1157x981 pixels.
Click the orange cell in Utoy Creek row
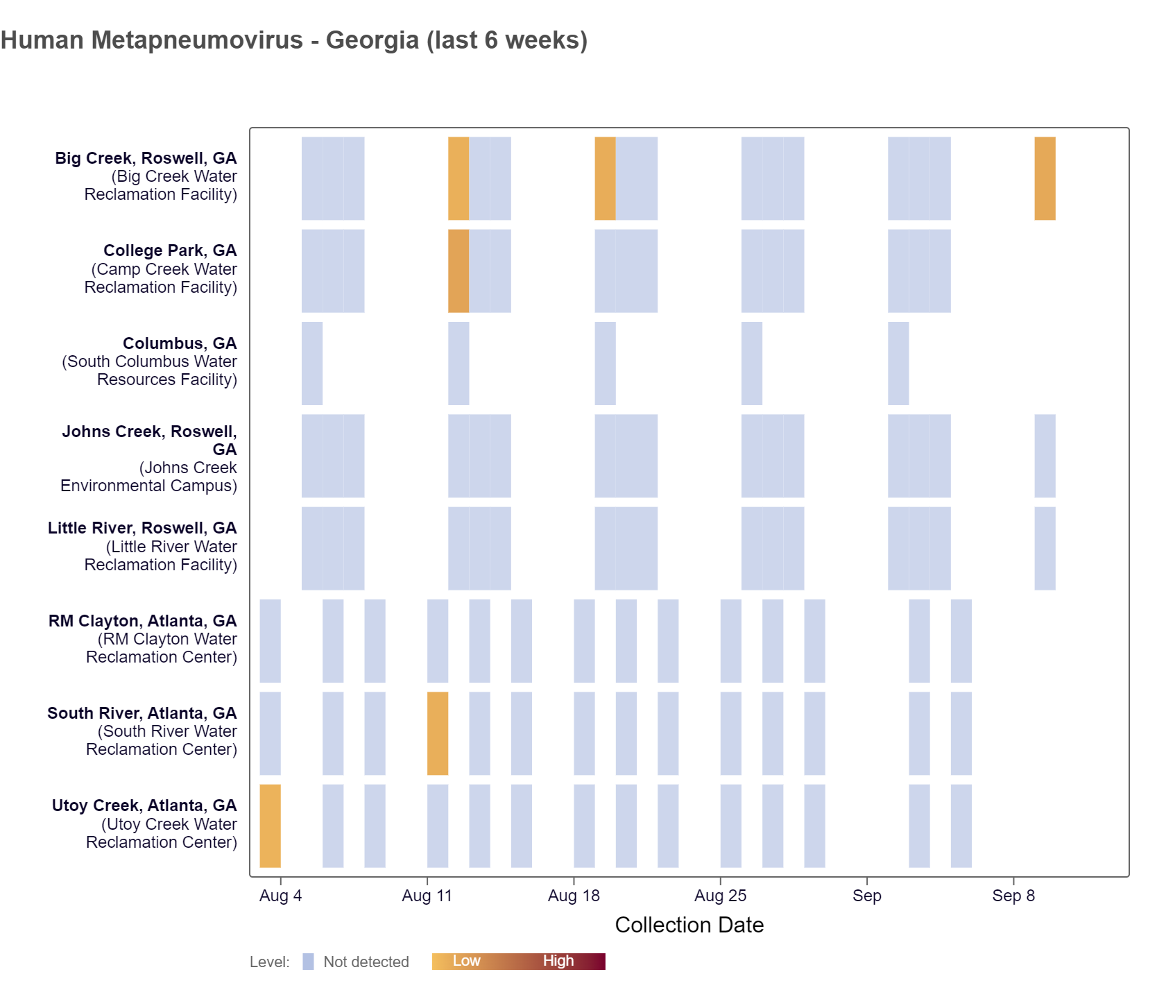[x=270, y=826]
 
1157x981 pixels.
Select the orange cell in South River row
[x=438, y=733]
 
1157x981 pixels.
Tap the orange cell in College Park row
[x=458, y=271]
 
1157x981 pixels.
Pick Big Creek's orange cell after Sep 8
[x=1045, y=178]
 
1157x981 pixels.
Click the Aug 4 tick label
[x=280, y=896]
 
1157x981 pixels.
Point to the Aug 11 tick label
[x=427, y=896]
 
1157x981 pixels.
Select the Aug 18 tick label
[x=574, y=896]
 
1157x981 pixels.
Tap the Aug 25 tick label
[x=720, y=896]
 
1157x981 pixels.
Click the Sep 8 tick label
[x=1013, y=896]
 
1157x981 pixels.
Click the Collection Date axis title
[x=689, y=925]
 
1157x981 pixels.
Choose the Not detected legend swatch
[x=308, y=962]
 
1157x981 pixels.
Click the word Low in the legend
[x=466, y=961]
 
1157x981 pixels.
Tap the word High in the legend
[x=558, y=961]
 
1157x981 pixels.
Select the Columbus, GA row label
[x=179, y=343]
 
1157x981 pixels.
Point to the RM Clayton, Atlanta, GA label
[x=142, y=621]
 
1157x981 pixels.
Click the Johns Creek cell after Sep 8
[x=1045, y=456]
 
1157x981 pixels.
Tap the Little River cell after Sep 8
[x=1045, y=548]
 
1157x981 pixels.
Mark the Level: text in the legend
[x=269, y=962]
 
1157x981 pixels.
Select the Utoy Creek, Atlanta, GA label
[x=144, y=805]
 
